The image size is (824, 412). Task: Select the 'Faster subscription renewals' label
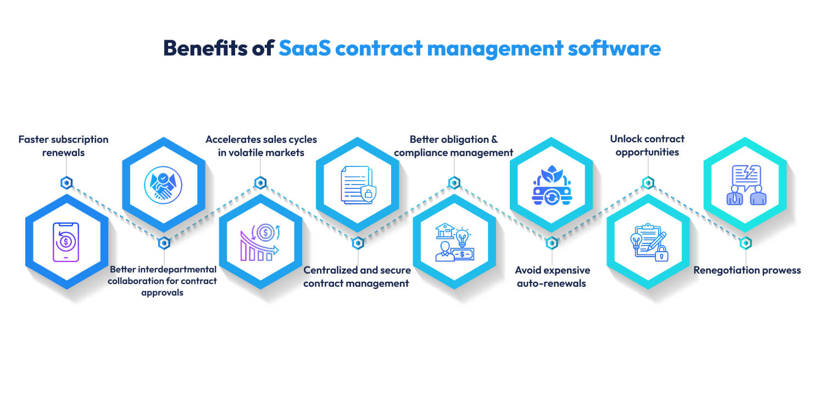pos(64,146)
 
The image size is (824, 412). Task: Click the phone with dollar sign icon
pos(66,242)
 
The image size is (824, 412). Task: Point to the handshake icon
pos(163,183)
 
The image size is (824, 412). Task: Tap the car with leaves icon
pos(551,183)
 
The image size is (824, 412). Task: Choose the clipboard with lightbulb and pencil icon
pos(648,242)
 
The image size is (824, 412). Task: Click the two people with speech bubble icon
pos(745,185)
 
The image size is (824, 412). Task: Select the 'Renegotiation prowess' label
pos(747,270)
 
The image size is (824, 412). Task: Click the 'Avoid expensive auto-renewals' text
pos(552,277)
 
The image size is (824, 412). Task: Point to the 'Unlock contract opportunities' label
pos(648,146)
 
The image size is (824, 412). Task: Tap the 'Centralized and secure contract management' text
pos(357,277)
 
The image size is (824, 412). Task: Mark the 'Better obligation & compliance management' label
pos(454,146)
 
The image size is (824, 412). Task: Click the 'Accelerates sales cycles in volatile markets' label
pos(261,146)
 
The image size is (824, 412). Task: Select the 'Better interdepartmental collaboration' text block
pos(163,281)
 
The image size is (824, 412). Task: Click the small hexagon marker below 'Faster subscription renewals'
pos(66,182)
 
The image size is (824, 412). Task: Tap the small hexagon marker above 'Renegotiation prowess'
pos(745,243)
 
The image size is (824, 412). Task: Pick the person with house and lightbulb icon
pos(454,242)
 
